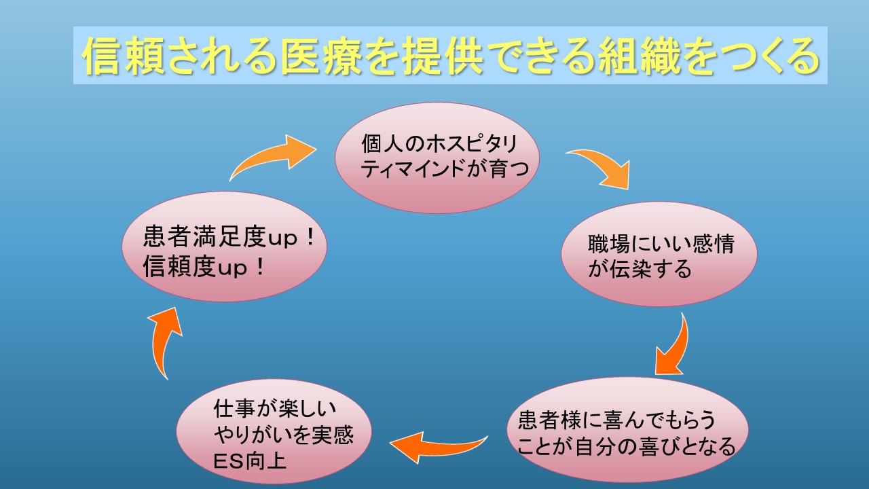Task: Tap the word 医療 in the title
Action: pos(320,56)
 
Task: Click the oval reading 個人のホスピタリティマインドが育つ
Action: pos(437,158)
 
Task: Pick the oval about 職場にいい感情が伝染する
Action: pos(659,254)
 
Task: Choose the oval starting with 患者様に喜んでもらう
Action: pos(627,430)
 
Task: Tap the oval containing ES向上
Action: pos(274,431)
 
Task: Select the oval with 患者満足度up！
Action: pos(224,247)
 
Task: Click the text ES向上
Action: pos(250,461)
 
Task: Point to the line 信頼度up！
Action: pos(204,267)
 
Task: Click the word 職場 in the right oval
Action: pos(609,244)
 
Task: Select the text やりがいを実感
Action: pos(284,435)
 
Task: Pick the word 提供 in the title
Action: pos(442,56)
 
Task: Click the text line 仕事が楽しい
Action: pos(275,408)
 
